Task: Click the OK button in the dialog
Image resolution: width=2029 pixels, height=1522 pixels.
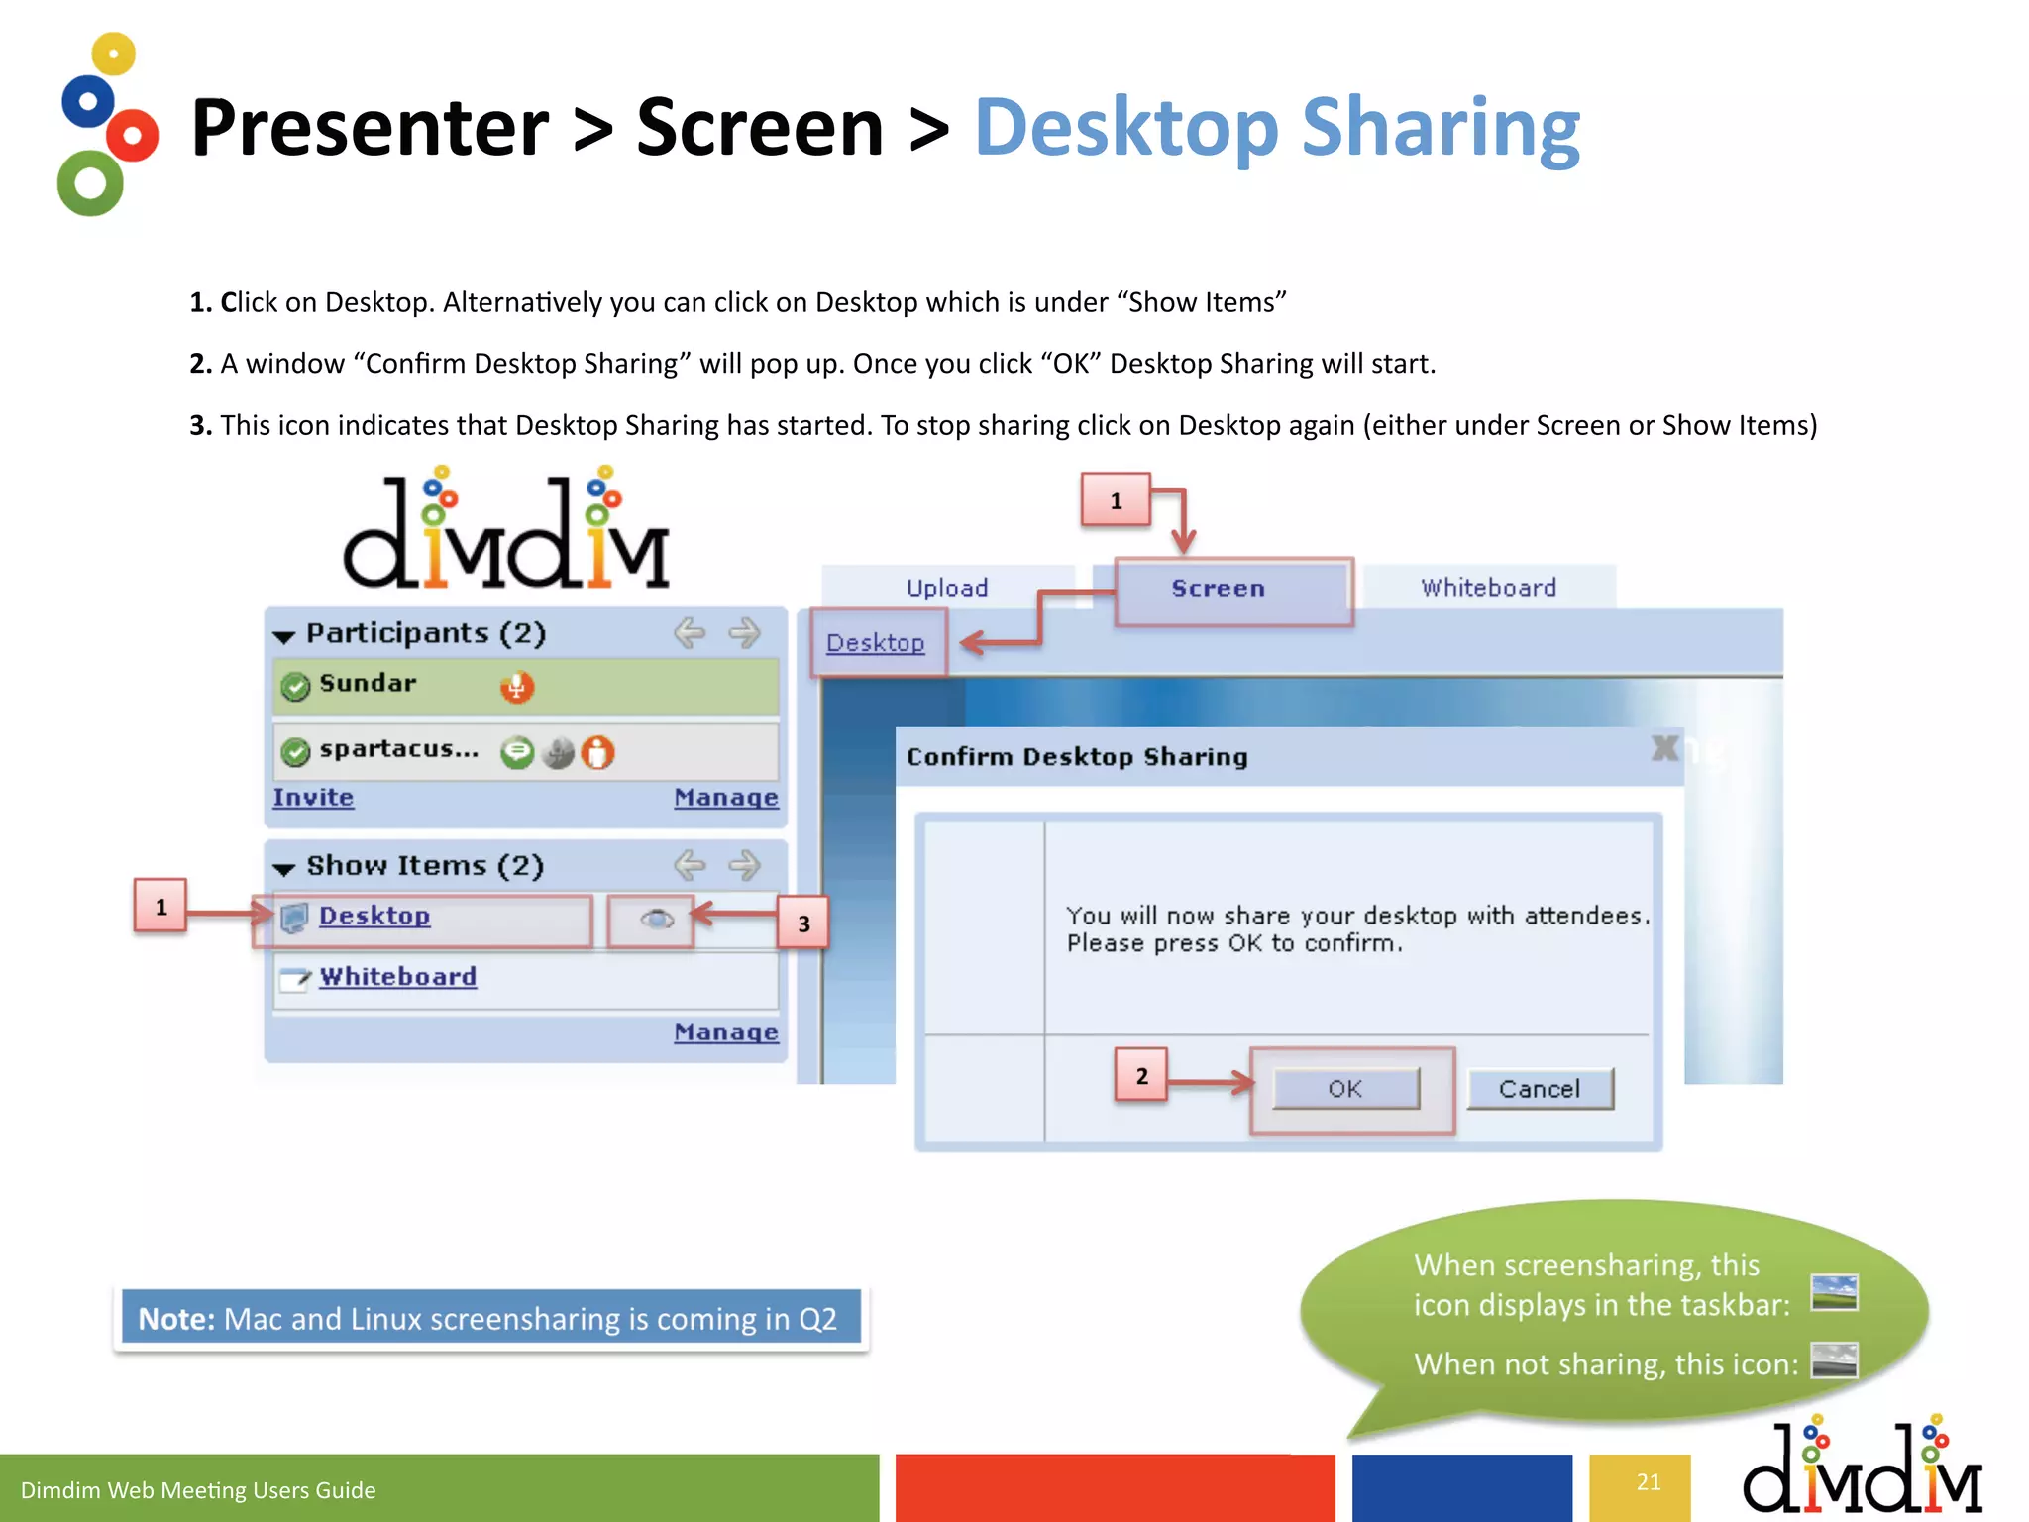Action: pyautogui.click(x=1344, y=1089)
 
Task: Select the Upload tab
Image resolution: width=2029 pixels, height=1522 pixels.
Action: pyautogui.click(x=947, y=588)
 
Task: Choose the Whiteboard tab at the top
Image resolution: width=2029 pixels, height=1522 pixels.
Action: pyautogui.click(x=1488, y=588)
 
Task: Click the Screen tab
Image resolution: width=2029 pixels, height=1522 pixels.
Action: pyautogui.click(x=1218, y=589)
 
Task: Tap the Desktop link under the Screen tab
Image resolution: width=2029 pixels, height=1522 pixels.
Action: pyautogui.click(x=875, y=643)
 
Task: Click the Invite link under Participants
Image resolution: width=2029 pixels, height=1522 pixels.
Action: pyautogui.click(x=313, y=798)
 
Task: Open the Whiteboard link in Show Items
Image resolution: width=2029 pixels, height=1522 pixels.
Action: pyautogui.click(x=397, y=977)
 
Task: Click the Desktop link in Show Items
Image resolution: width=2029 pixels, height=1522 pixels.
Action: pyautogui.click(x=374, y=916)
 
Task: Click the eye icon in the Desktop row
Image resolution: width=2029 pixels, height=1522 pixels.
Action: pyautogui.click(x=656, y=920)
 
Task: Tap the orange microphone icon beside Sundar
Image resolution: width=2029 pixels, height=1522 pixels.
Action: pyautogui.click(x=516, y=686)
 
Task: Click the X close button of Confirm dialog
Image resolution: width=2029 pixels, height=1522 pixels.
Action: pyautogui.click(x=1665, y=748)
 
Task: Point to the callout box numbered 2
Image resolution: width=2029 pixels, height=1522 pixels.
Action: pyautogui.click(x=1141, y=1076)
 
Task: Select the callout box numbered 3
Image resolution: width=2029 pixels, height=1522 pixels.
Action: pyautogui.click(x=803, y=924)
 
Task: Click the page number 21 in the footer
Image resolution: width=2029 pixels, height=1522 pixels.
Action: pyautogui.click(x=1648, y=1482)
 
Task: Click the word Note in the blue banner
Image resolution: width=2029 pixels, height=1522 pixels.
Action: pyautogui.click(x=175, y=1319)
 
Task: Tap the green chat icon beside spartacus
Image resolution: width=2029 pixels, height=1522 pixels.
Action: pyautogui.click(x=516, y=753)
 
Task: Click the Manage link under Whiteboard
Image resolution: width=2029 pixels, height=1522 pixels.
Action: pyautogui.click(x=725, y=1033)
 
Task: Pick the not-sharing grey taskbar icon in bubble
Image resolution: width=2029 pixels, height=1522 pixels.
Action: pyautogui.click(x=1834, y=1360)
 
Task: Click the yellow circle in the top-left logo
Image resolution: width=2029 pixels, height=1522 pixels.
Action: pyautogui.click(x=114, y=54)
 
